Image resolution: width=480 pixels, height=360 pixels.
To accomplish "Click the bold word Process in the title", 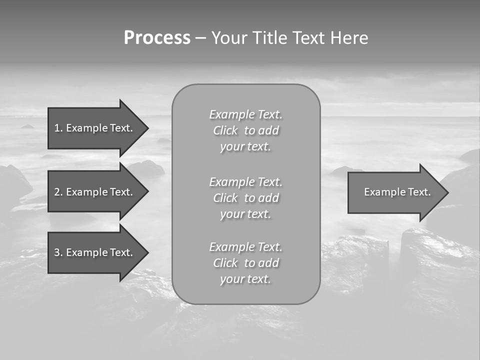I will (157, 38).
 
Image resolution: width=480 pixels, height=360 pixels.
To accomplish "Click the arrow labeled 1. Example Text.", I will (95, 128).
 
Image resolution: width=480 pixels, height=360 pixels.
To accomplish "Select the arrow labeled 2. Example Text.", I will (95, 192).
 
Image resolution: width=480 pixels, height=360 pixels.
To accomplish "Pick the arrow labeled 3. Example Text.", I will (95, 252).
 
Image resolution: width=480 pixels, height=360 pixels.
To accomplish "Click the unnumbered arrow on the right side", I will (395, 192).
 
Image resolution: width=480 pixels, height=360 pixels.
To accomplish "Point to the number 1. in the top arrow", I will (58, 128).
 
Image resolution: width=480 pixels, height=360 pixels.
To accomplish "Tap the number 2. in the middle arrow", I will (58, 192).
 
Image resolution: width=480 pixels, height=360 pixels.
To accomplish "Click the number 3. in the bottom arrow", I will (58, 252).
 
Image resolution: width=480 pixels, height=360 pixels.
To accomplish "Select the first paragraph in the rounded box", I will (245, 130).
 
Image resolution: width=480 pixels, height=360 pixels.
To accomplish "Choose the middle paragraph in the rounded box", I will (245, 198).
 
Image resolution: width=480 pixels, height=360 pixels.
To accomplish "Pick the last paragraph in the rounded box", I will (245, 263).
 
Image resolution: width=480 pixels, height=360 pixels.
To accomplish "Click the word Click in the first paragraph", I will (225, 130).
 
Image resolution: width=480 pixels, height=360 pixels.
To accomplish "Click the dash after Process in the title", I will (200, 38).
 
